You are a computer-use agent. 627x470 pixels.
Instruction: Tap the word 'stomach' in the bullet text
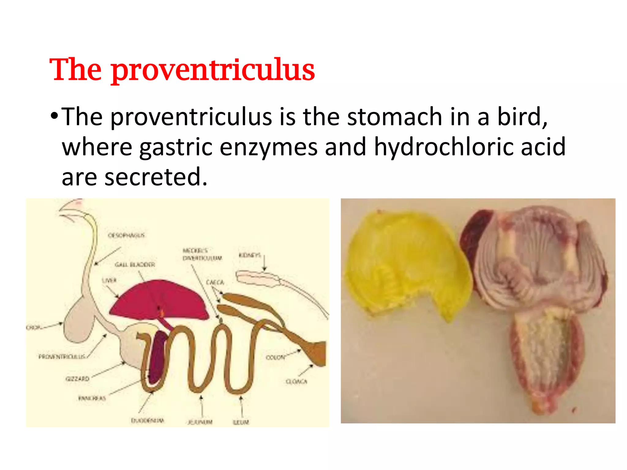[x=395, y=117]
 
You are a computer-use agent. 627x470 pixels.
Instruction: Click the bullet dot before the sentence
[x=54, y=116]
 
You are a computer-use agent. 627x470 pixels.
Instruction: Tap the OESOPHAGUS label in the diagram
[x=126, y=235]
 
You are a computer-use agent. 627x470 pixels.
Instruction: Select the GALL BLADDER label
[x=135, y=264]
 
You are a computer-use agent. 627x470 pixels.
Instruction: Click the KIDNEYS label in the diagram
[x=250, y=255]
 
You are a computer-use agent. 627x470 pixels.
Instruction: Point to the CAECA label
[x=215, y=282]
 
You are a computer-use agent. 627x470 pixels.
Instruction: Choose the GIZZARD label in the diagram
[x=77, y=379]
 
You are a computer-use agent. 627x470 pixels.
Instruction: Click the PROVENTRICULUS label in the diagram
[x=62, y=356]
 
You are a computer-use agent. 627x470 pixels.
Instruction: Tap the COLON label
[x=275, y=357]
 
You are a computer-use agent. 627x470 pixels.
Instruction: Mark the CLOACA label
[x=296, y=381]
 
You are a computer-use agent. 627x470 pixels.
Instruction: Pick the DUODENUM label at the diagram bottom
[x=148, y=420]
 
